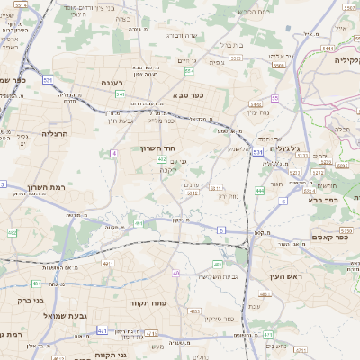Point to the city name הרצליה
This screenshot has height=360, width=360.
pyautogui.click(x=55, y=133)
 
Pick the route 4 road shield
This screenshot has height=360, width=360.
pyautogui.click(x=114, y=154)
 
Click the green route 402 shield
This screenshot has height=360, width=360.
pyautogui.click(x=162, y=158)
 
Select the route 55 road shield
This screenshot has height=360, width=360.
pyautogui.click(x=275, y=98)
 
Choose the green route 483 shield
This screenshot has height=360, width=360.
pyautogui.click(x=219, y=264)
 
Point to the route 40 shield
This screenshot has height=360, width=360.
pyautogui.click(x=176, y=273)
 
